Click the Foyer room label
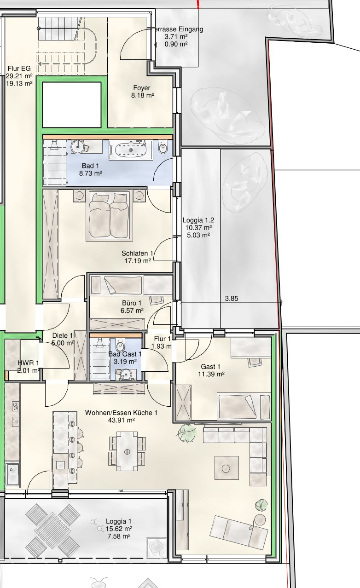pyautogui.click(x=142, y=88)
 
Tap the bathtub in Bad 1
pyautogui.click(x=131, y=150)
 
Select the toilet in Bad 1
pyautogui.click(x=163, y=148)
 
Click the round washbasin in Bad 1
pyautogui.click(x=79, y=146)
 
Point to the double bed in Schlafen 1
pyautogui.click(x=109, y=215)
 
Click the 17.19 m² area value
pyautogui.click(x=138, y=261)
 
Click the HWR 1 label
pyautogui.click(x=28, y=363)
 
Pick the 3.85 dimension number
pyautogui.click(x=232, y=299)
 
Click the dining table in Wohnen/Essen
pyautogui.click(x=127, y=451)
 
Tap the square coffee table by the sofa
pyautogui.click(x=226, y=468)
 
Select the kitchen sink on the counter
pyautogui.click(x=12, y=474)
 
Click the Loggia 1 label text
pyautogui.click(x=119, y=521)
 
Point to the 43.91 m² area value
pyautogui.click(x=122, y=420)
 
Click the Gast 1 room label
pyautogui.click(x=210, y=367)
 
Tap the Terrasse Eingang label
pyautogui.click(x=178, y=29)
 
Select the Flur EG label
pyautogui.click(x=19, y=69)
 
